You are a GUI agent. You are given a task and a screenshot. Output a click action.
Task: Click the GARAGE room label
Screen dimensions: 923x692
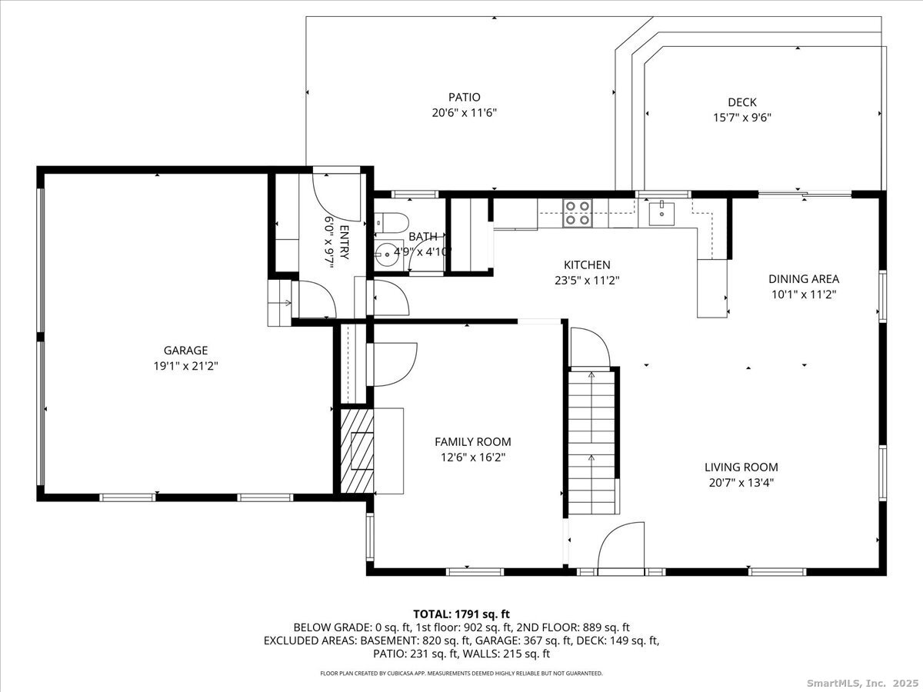click(x=185, y=350)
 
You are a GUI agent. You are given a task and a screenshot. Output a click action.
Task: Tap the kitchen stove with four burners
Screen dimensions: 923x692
click(x=578, y=213)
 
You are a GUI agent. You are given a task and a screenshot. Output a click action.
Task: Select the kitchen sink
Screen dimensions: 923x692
click(x=661, y=214)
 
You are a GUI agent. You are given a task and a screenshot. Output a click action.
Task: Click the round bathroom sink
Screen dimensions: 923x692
click(x=386, y=255)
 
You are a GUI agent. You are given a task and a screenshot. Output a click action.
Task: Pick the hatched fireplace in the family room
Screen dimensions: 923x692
click(x=357, y=451)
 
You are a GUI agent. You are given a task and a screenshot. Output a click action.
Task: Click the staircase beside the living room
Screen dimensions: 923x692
click(x=592, y=441)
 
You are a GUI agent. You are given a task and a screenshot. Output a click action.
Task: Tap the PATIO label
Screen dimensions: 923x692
click(x=465, y=97)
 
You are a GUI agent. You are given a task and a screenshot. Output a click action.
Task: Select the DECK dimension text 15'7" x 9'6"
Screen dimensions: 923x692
click(x=742, y=117)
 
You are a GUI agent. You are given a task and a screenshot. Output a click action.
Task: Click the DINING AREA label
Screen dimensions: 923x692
click(x=804, y=278)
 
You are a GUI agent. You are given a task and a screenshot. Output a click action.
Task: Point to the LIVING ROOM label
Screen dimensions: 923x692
click(x=741, y=467)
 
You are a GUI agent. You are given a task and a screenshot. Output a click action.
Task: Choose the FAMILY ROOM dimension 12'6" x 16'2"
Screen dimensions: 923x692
click(x=473, y=457)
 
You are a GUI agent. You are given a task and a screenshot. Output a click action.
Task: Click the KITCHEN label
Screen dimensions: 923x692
click(x=587, y=264)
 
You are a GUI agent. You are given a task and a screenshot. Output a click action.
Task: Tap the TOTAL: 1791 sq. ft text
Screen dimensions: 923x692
click(x=461, y=614)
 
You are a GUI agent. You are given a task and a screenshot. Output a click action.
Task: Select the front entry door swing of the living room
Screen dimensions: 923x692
click(x=621, y=547)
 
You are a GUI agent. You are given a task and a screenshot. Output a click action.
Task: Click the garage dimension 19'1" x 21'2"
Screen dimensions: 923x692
click(x=185, y=366)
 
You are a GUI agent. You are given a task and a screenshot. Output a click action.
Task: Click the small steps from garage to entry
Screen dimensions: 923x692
click(x=280, y=302)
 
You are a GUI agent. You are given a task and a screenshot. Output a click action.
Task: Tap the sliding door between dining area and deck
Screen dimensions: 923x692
click(x=805, y=194)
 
